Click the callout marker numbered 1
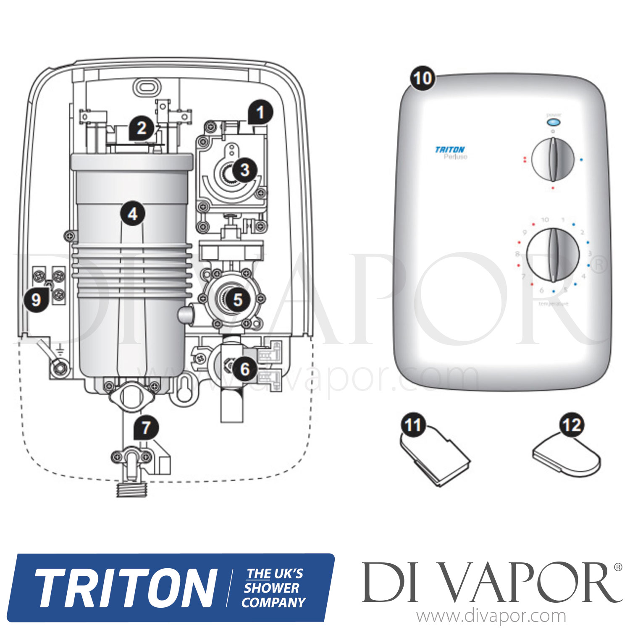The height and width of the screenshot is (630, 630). pyautogui.click(x=260, y=112)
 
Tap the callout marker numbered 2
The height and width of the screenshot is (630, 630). pyautogui.click(x=142, y=127)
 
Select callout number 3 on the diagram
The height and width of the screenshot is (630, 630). pyautogui.click(x=244, y=170)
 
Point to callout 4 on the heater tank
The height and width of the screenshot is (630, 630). pyautogui.click(x=133, y=214)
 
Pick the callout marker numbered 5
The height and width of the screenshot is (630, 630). pyautogui.click(x=238, y=299)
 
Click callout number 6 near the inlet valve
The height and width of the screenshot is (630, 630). pyautogui.click(x=244, y=369)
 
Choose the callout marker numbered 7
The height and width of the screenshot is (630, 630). pyautogui.click(x=146, y=428)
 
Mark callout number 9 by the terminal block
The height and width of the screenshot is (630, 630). pyautogui.click(x=36, y=299)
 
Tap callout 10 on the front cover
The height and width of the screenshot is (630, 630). pyautogui.click(x=423, y=78)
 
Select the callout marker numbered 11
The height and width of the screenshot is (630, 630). pyautogui.click(x=413, y=425)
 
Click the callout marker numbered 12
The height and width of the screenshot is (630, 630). pyautogui.click(x=572, y=425)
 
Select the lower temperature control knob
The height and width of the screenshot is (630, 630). pyautogui.click(x=553, y=255)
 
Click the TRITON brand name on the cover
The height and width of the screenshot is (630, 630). pyautogui.click(x=449, y=150)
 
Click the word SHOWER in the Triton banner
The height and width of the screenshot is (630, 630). pyautogui.click(x=272, y=588)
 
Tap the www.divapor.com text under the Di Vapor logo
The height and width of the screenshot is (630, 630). pyautogui.click(x=491, y=617)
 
